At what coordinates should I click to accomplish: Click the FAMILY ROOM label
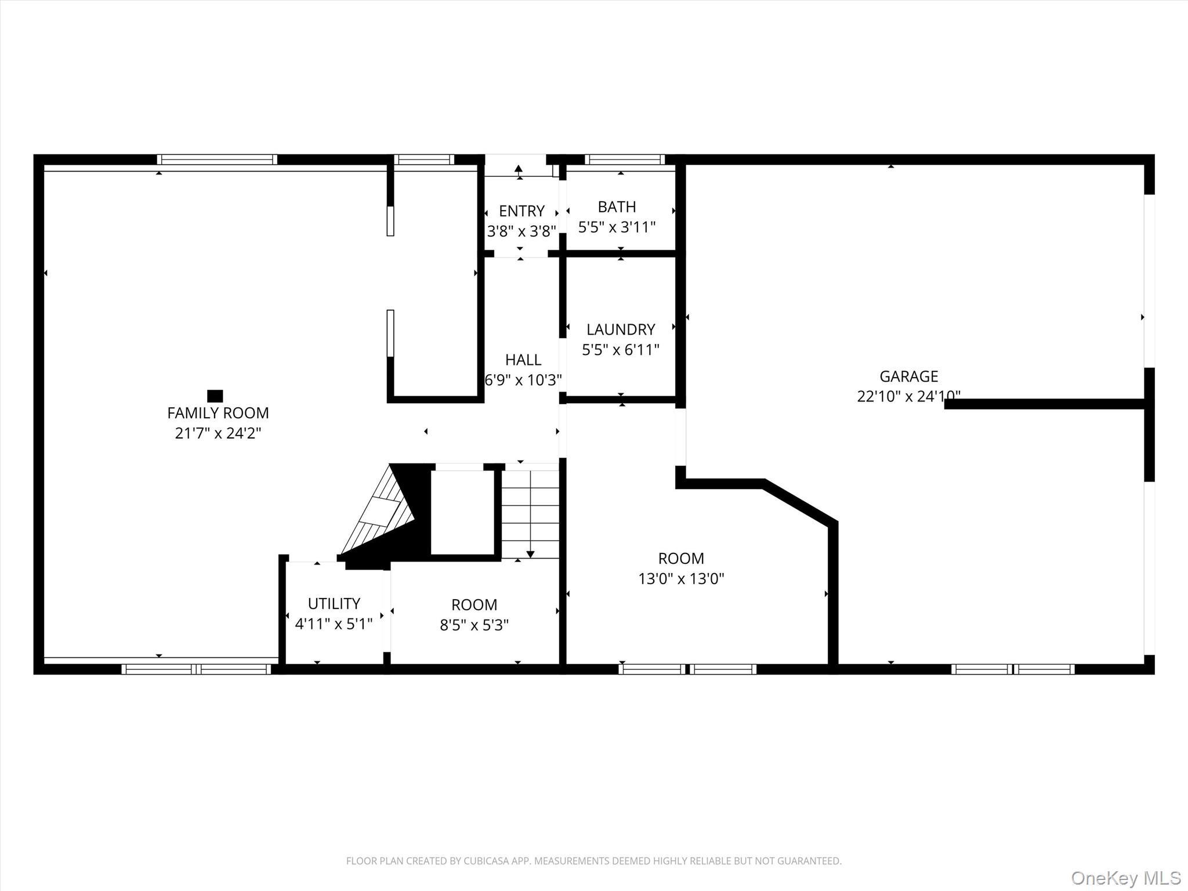[218, 413]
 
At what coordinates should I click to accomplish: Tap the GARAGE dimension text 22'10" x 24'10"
[908, 396]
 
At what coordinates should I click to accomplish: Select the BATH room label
[617, 207]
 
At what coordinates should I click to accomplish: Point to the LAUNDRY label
[620, 329]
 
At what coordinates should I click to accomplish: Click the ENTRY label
[521, 211]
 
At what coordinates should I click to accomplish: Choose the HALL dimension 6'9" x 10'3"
[523, 380]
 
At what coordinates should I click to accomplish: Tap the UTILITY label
[334, 603]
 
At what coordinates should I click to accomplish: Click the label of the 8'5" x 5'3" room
[474, 604]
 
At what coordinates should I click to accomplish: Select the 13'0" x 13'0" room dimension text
[681, 578]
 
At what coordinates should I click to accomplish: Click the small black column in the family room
[215, 396]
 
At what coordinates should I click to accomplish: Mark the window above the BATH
[624, 160]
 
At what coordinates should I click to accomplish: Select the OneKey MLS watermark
[1125, 878]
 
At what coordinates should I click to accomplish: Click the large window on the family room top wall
[217, 160]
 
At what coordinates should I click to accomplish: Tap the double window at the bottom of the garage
[1012, 669]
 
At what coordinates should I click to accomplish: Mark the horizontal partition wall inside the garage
[1044, 404]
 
